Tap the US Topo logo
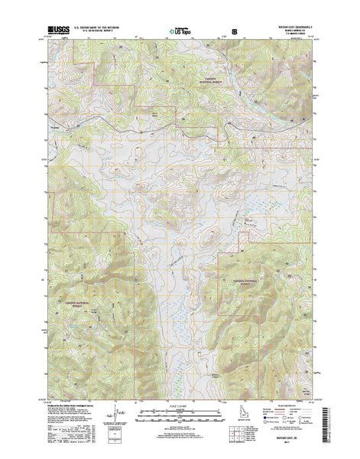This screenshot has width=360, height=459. [x=180, y=33]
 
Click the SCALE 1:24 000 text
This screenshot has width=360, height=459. [x=180, y=407]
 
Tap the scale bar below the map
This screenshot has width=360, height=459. [x=180, y=415]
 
